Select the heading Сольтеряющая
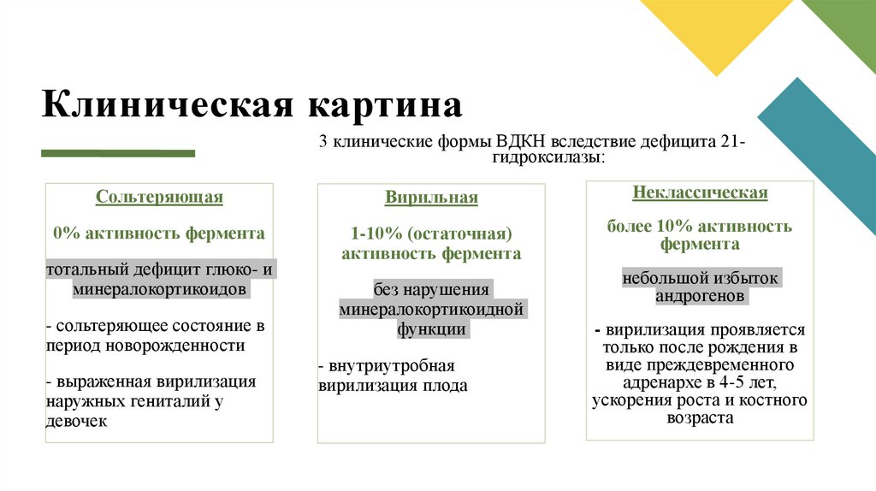click(x=159, y=198)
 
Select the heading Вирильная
click(x=431, y=198)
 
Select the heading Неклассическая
click(x=700, y=192)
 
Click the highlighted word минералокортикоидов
click(x=160, y=290)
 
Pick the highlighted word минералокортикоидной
click(x=431, y=309)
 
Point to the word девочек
click(x=77, y=421)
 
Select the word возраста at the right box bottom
click(x=700, y=418)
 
